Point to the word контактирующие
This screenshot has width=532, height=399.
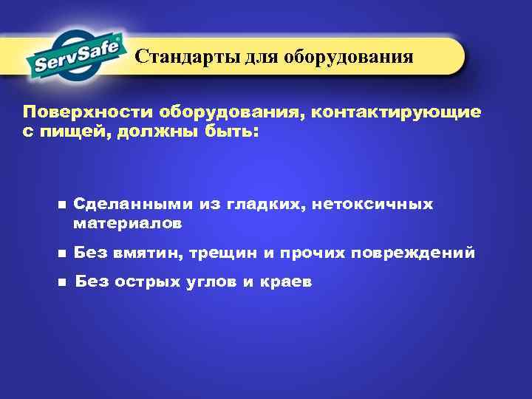(396, 112)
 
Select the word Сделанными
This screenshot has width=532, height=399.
(134, 203)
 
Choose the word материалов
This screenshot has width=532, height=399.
(127, 222)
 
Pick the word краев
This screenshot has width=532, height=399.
(284, 282)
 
